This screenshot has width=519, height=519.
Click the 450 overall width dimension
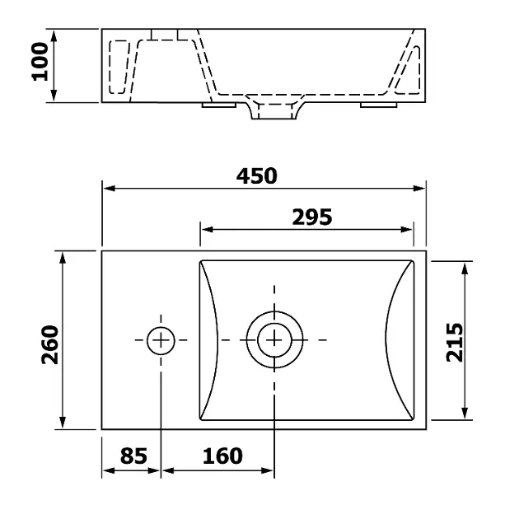click(256, 176)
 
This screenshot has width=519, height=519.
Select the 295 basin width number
click(311, 217)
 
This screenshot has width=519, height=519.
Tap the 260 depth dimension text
click(50, 344)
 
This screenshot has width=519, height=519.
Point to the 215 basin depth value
click(455, 342)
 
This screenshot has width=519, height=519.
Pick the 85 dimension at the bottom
click(133, 456)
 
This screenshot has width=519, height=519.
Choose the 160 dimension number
click(222, 456)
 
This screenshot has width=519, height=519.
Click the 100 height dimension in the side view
click(40, 62)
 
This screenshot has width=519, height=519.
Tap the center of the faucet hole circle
click(161, 340)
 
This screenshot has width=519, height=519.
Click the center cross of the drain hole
click(274, 340)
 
